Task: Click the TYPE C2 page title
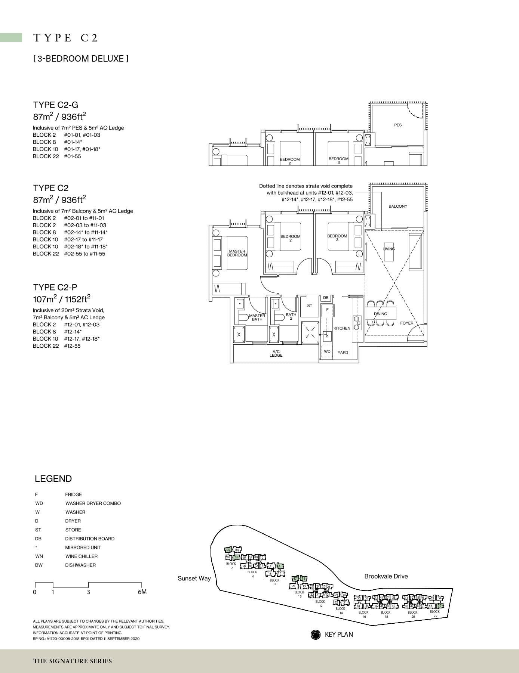tap(66, 38)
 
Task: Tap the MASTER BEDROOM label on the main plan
tap(237, 253)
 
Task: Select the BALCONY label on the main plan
tap(397, 206)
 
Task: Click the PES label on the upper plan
tap(398, 125)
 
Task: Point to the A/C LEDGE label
tap(276, 353)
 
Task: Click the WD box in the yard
tap(327, 351)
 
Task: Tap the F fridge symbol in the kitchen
tap(327, 310)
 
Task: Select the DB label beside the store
tap(326, 298)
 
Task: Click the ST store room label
tap(310, 306)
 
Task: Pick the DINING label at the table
tap(381, 314)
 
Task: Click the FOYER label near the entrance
tap(407, 323)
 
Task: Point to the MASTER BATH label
tap(257, 317)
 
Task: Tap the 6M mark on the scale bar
tap(142, 592)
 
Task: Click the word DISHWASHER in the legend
tap(80, 565)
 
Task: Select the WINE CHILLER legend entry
tap(81, 556)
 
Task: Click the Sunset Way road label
tap(194, 579)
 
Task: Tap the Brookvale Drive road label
tap(386, 576)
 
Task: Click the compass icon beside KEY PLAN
tap(316, 635)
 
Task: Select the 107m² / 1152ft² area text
tap(62, 299)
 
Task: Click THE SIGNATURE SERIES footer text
tap(73, 661)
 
